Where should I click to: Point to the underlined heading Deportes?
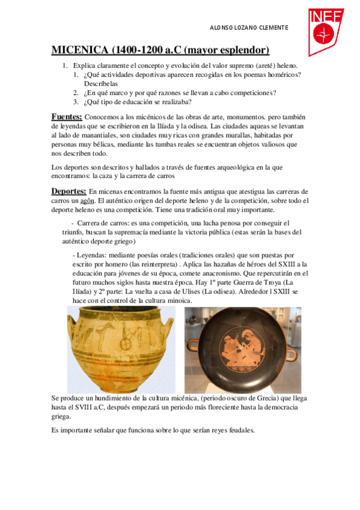69,191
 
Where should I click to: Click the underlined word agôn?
88,200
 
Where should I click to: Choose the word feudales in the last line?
239,431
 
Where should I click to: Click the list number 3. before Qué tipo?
76,102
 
